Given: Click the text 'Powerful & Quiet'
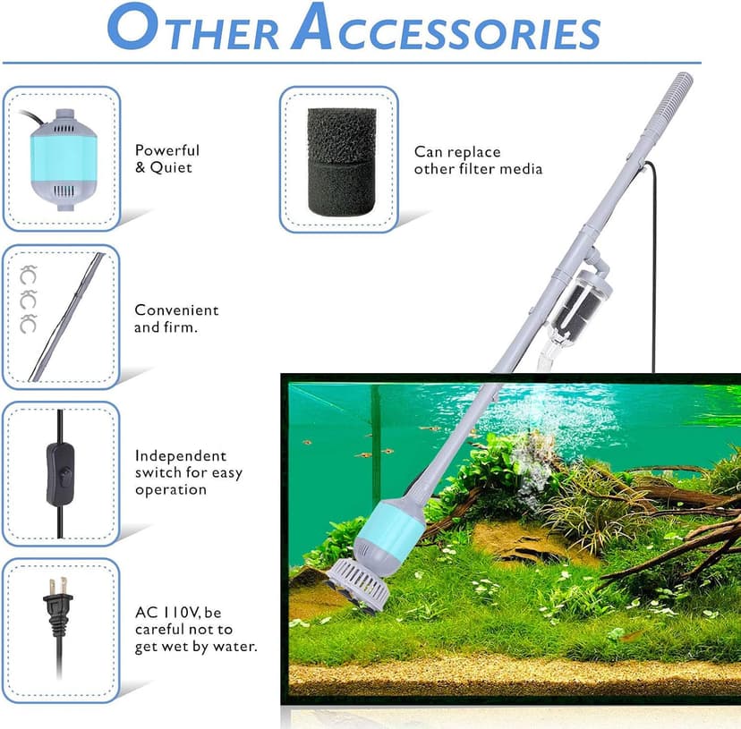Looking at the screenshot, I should click(167, 158).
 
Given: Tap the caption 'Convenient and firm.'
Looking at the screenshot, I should click(176, 318).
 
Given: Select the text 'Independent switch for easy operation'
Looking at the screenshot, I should click(188, 472).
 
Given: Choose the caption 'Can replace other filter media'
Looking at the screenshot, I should click(477, 160).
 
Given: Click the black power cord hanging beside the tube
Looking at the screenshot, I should click(653, 268).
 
